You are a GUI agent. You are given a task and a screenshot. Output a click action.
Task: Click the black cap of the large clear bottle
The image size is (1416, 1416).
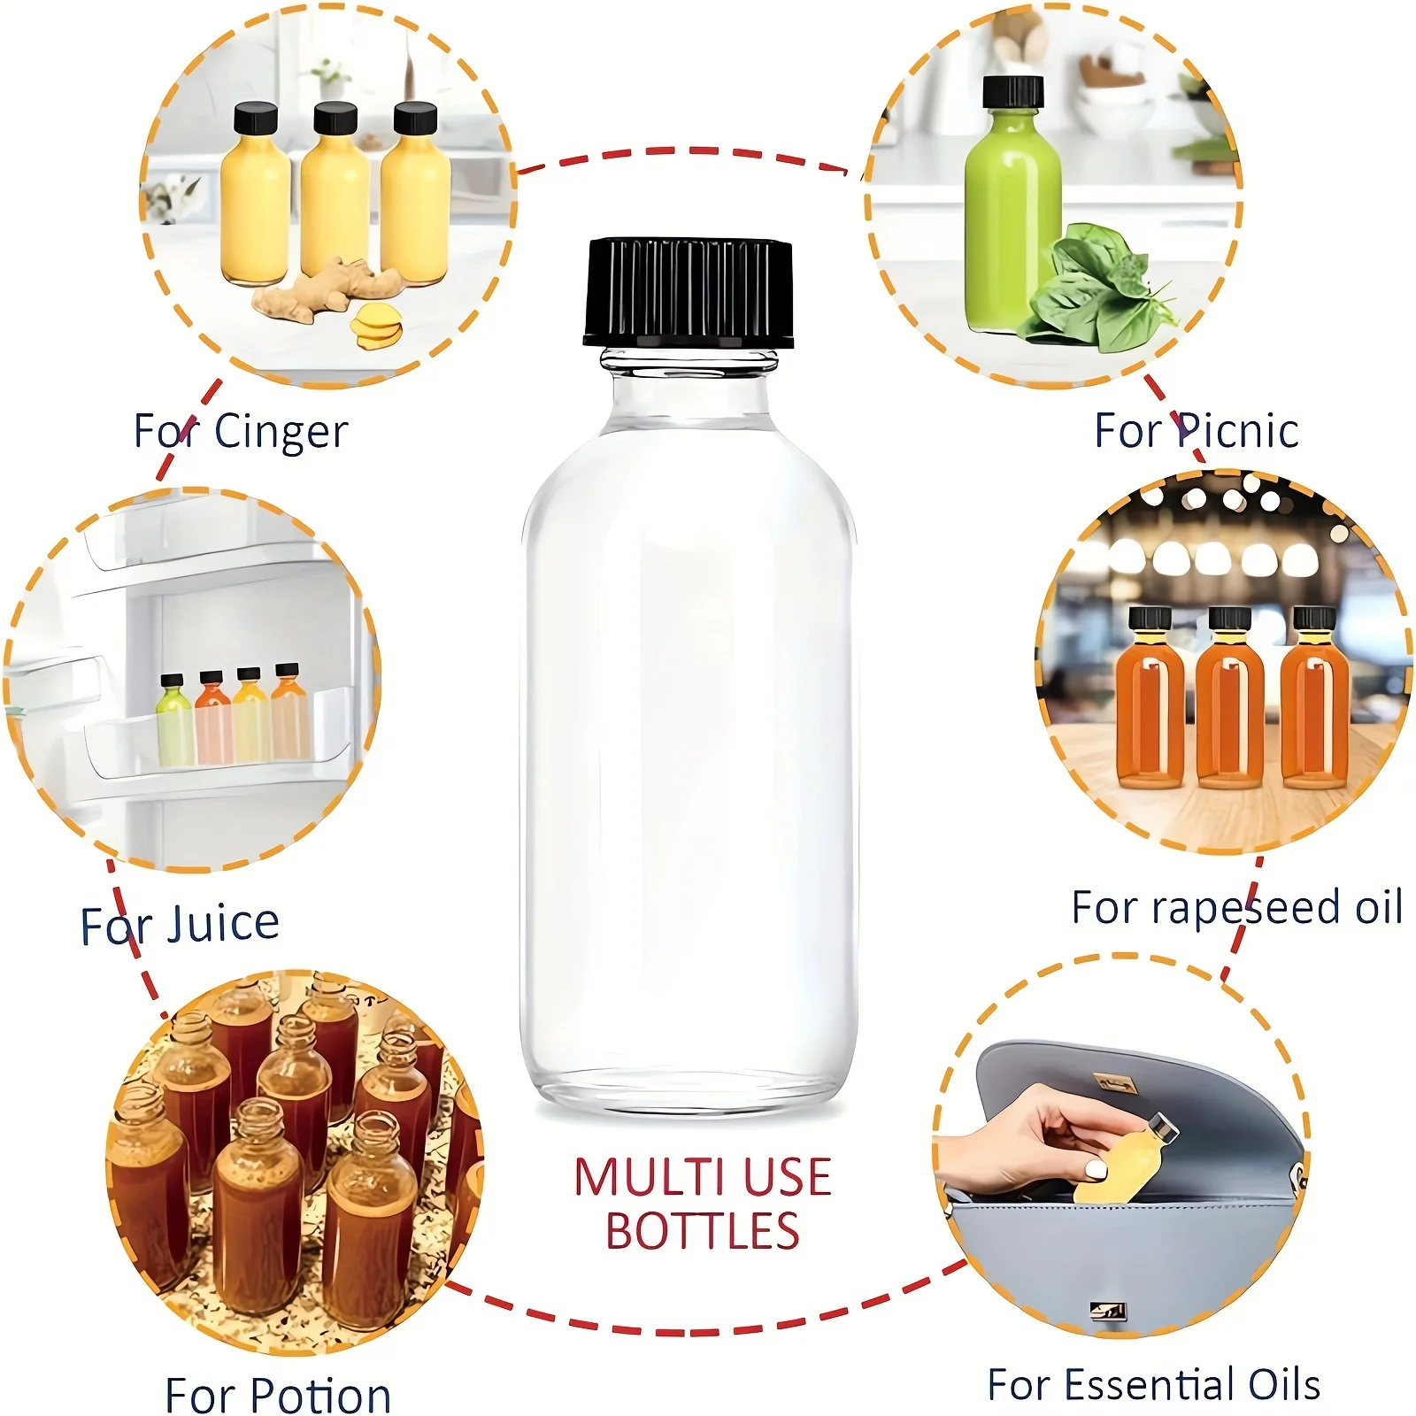[x=688, y=292]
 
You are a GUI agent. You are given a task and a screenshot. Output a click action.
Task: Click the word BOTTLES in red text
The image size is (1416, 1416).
[x=702, y=1231]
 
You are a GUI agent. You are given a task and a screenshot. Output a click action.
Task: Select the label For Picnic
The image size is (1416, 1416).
[x=1196, y=431]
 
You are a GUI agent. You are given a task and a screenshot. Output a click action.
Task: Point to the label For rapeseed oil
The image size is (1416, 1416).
[x=1236, y=907]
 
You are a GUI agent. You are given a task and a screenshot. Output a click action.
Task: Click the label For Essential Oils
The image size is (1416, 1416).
[x=1153, y=1384]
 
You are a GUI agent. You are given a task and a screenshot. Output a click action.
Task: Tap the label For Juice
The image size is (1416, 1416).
[x=180, y=924]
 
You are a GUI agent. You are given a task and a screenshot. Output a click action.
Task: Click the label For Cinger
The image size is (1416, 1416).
[x=241, y=432]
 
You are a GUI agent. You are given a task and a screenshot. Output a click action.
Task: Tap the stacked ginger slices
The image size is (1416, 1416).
[x=375, y=327]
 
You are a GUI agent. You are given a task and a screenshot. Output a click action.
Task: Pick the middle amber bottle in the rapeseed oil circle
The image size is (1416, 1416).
[x=1229, y=699]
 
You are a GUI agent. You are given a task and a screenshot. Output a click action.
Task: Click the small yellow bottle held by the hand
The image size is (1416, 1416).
[x=1120, y=1160]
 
